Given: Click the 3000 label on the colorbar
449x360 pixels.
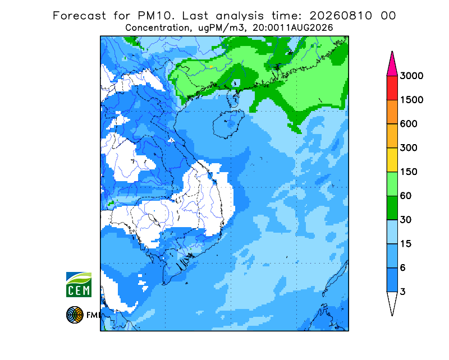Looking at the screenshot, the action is click(x=411, y=76).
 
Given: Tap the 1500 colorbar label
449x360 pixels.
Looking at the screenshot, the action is click(x=411, y=100).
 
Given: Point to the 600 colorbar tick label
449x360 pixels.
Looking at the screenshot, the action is click(x=409, y=124).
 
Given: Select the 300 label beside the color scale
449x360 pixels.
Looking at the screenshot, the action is click(x=409, y=148).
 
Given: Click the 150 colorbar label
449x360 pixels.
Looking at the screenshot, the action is click(x=409, y=172).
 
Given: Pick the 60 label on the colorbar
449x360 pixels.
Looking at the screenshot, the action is click(x=406, y=196).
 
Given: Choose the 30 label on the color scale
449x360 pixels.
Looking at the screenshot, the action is click(x=406, y=220).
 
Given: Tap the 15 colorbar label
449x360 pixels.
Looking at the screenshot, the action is click(x=406, y=244).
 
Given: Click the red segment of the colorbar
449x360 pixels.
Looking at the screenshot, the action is click(x=392, y=88).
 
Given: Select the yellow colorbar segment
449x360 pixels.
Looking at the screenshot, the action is click(x=392, y=160).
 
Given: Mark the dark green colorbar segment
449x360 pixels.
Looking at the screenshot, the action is click(x=392, y=208).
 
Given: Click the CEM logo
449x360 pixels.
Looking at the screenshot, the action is click(x=79, y=284).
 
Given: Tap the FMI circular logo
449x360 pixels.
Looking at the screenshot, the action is click(x=75, y=315).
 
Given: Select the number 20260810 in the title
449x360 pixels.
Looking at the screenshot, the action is click(x=341, y=16).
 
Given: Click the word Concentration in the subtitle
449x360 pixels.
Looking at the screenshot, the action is click(x=157, y=28).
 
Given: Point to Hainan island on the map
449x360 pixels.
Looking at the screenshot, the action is click(x=228, y=124).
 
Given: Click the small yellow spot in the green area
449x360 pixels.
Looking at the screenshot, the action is click(x=212, y=67).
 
